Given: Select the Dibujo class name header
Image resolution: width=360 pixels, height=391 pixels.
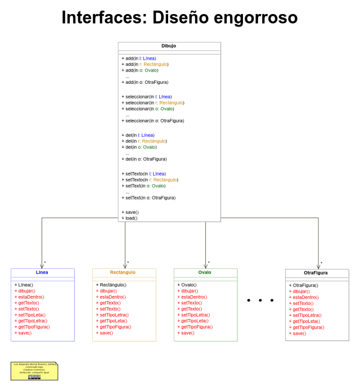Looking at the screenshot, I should click(x=169, y=46).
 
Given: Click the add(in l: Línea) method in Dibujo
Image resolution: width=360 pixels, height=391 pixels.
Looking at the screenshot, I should click(x=138, y=58).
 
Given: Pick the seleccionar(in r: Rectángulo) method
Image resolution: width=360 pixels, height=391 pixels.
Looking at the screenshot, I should click(x=152, y=102).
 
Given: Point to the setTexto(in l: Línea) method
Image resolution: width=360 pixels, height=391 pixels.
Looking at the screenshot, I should click(x=143, y=173).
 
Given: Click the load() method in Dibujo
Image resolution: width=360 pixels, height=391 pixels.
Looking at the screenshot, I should click(x=130, y=218).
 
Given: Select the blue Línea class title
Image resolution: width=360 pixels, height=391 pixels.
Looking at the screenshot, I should click(x=42, y=272).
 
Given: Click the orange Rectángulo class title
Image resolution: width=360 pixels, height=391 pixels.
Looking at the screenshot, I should click(x=123, y=272).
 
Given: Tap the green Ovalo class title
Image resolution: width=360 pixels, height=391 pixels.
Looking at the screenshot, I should click(x=205, y=272).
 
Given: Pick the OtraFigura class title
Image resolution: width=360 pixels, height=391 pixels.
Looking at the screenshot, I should click(x=316, y=273).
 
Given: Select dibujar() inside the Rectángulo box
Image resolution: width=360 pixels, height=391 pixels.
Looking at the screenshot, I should click(x=106, y=291).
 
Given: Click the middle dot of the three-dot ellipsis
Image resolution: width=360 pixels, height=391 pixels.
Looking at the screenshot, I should click(x=260, y=300).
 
